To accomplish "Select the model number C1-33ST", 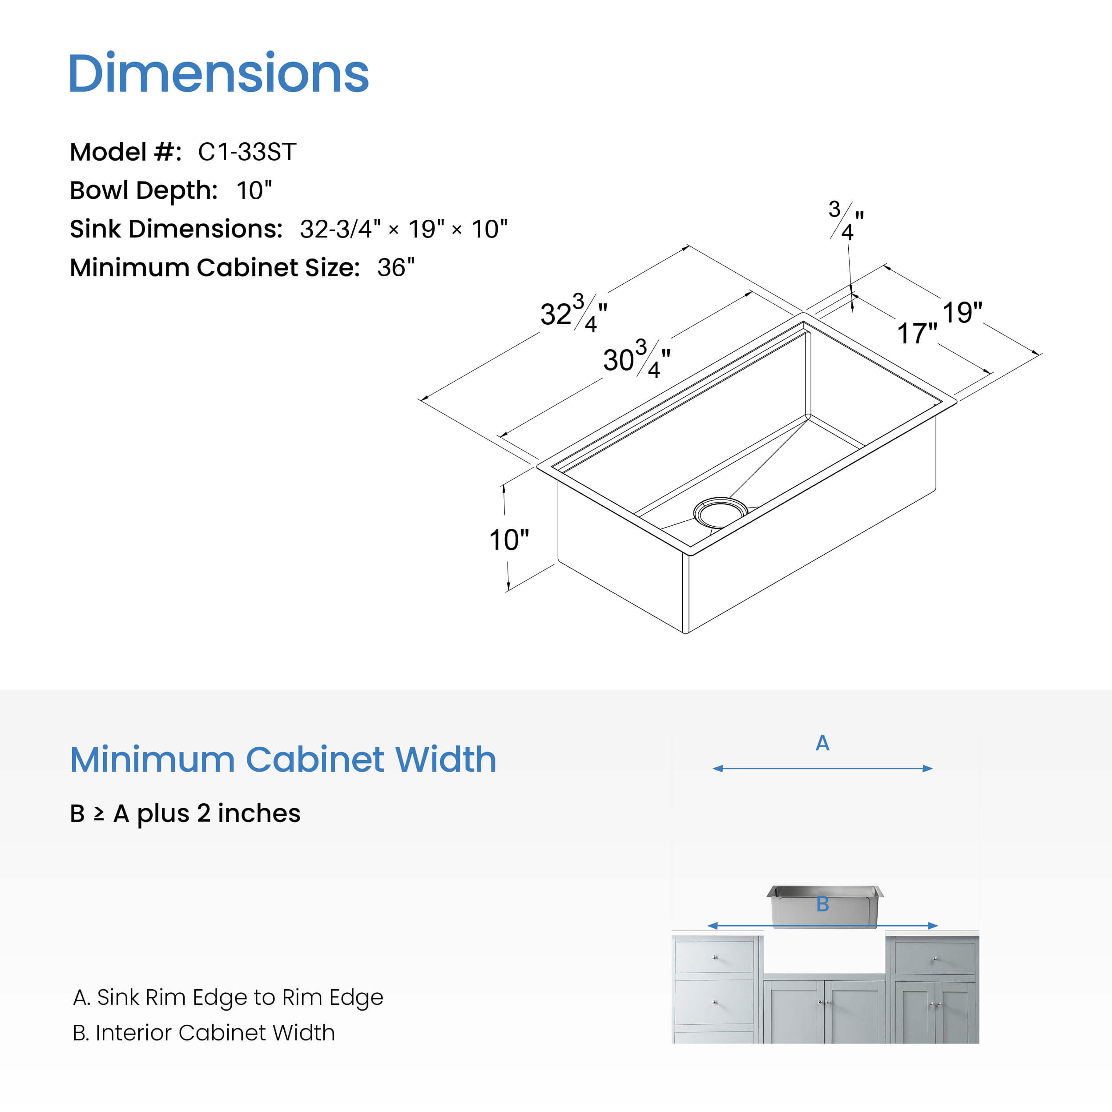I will tap(247, 152).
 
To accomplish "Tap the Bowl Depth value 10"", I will tap(254, 190).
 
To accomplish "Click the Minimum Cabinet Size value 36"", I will tap(395, 268).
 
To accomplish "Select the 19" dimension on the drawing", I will tap(962, 313).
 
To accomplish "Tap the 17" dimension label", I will tap(917, 334).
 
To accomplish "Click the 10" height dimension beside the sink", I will tap(508, 540).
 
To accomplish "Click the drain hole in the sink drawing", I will tap(720, 512).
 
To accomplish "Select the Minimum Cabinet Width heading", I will tap(282, 759).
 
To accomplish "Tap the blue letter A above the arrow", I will tap(822, 743).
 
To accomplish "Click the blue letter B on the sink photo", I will tap(822, 904).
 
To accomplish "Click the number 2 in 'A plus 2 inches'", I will tap(203, 813).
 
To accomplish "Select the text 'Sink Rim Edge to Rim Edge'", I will tap(239, 997).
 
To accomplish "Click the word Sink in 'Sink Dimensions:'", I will tap(95, 229).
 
